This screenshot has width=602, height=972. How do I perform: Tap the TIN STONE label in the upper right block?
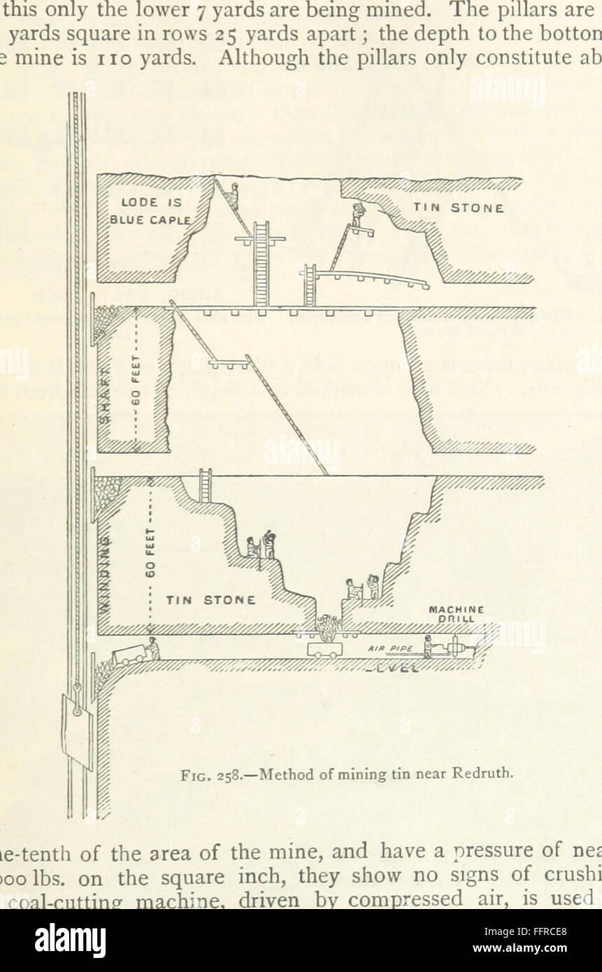click(458, 208)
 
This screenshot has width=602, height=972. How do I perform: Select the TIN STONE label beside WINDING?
click(209, 599)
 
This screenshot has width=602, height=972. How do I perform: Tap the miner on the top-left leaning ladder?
click(234, 196)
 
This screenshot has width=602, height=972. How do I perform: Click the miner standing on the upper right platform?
click(358, 215)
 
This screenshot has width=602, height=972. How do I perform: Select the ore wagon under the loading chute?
click(325, 649)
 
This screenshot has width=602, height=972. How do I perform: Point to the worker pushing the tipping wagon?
click(154, 649)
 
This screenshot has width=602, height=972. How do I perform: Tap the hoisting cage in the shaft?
click(77, 731)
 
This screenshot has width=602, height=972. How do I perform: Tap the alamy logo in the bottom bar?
click(70, 941)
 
